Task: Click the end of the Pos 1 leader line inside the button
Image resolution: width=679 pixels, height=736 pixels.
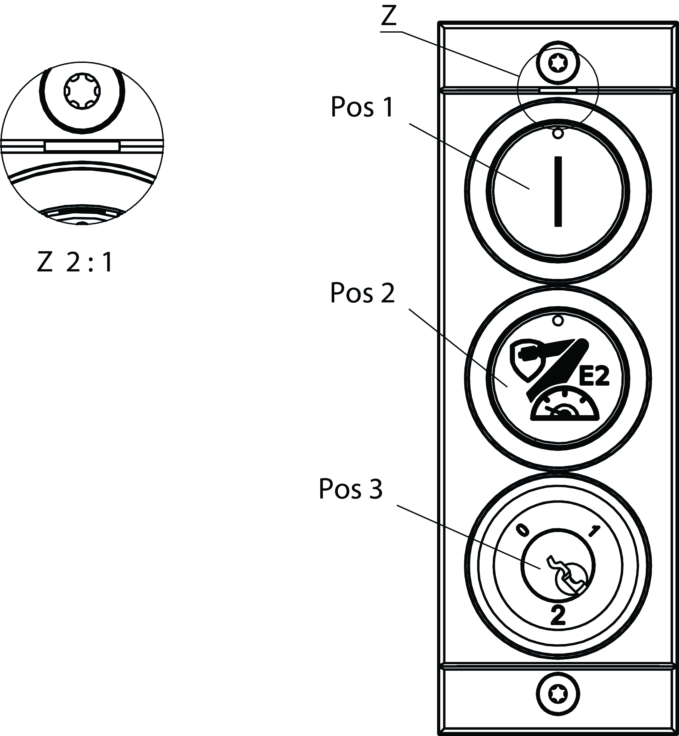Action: click(x=529, y=189)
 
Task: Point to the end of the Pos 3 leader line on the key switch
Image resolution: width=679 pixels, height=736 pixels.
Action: click(x=540, y=568)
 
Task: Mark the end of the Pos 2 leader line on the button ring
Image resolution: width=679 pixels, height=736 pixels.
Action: click(x=508, y=387)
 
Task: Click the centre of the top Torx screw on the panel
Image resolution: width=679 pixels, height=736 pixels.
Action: click(x=558, y=63)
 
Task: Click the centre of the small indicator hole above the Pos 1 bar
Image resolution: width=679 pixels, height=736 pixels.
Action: click(x=558, y=133)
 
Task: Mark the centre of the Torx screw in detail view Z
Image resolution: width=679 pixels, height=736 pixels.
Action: click(x=82, y=90)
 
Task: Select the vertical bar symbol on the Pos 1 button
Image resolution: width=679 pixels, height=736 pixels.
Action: click(x=558, y=191)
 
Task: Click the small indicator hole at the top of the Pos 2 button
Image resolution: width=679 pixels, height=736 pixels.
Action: click(x=558, y=321)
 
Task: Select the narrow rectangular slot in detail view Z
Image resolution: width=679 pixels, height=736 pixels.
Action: click(x=82, y=146)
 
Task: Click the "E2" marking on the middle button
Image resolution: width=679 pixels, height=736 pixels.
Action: click(x=594, y=376)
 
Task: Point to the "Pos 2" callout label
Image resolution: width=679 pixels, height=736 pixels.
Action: click(x=362, y=293)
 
